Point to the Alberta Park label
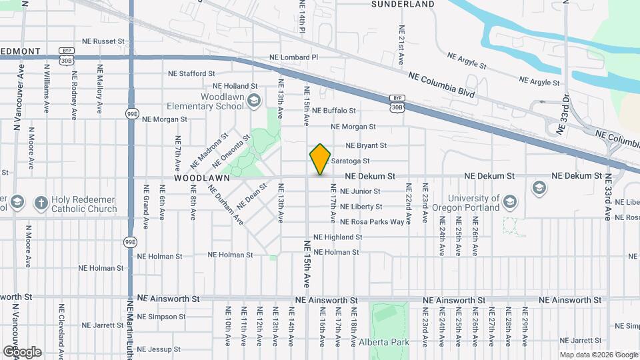pos(387,343)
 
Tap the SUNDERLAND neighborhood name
pos(403,4)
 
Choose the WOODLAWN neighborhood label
pos(202,179)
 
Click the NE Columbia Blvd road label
pos(441,85)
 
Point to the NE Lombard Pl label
pos(291,58)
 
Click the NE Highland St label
pos(337,237)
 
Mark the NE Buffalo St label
pos(334,110)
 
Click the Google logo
pos(22,352)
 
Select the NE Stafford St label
pos(191,74)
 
